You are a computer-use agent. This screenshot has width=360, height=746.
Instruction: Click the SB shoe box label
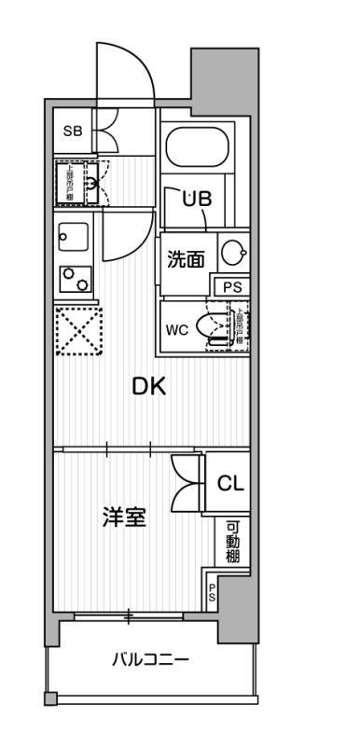coord(72,131)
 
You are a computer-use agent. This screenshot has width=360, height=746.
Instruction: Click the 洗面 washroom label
coord(185,259)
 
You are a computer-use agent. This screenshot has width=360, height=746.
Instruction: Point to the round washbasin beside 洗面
coord(233,252)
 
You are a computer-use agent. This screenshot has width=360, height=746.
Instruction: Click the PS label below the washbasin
coord(231,287)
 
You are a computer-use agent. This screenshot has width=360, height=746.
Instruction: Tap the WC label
coord(176,329)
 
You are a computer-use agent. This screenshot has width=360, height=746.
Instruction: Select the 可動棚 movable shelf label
coord(232,542)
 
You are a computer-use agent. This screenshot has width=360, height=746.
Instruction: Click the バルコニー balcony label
coord(150,660)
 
